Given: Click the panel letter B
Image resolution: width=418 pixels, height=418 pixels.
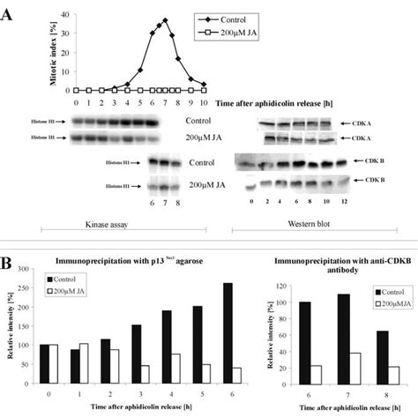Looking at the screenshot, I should [x=8, y=264].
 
